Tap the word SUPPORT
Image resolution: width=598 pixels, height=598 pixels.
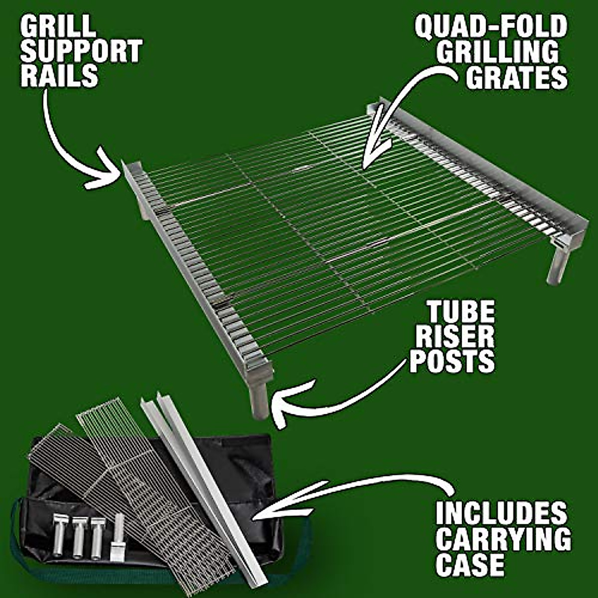81,51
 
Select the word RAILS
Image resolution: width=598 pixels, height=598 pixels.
59,76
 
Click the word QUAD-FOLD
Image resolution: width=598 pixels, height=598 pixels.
491,26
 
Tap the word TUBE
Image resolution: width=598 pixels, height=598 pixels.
460,313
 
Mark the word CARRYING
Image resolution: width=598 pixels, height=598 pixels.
503,539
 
